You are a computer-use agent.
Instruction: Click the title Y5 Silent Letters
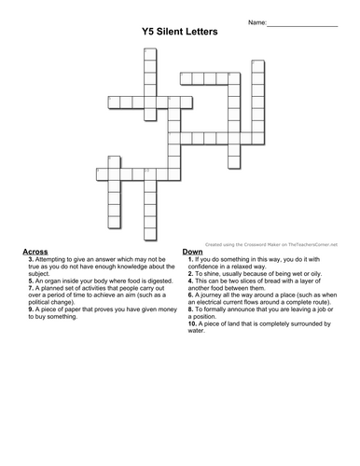pos(181,31)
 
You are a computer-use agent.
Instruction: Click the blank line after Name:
pos(303,21)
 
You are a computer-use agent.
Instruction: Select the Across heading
pos(35,252)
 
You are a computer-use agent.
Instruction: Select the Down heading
pos(193,252)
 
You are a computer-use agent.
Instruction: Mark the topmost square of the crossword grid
pos(148,53)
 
